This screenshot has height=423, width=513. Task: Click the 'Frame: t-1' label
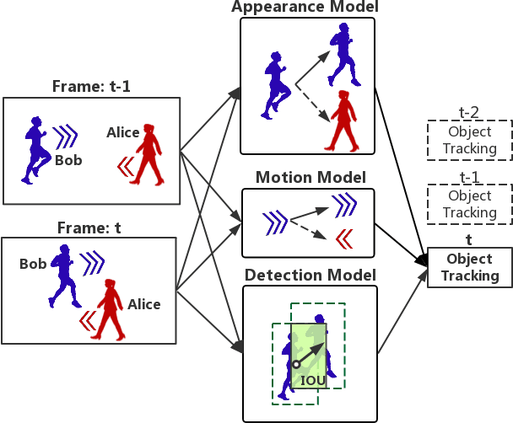click(91, 86)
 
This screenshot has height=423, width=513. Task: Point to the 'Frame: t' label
click(91, 226)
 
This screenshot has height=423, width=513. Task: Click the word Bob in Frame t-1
click(68, 160)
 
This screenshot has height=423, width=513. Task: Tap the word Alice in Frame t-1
click(123, 132)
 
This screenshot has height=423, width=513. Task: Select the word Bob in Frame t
click(33, 264)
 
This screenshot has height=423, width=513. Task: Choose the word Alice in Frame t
click(144, 304)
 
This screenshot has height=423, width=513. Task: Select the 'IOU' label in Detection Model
click(313, 381)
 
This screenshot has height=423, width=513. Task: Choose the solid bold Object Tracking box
click(470, 268)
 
